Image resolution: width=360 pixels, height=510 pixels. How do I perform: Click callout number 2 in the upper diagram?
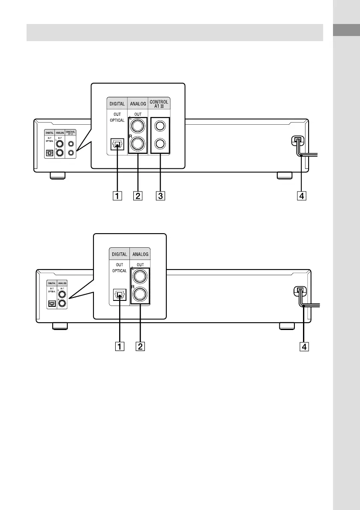tap(138, 196)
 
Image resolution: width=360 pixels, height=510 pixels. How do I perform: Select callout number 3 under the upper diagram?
tap(159, 196)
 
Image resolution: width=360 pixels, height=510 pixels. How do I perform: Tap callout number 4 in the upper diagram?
tap(302, 196)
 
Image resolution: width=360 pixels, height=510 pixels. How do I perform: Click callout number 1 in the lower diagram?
tap(120, 345)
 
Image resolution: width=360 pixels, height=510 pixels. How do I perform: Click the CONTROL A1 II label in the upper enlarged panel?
tap(159, 104)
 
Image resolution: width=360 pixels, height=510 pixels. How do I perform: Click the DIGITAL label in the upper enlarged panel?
tap(117, 104)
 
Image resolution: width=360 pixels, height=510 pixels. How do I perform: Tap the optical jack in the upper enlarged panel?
tap(116, 144)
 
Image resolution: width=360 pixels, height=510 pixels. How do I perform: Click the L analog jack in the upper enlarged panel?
tap(138, 126)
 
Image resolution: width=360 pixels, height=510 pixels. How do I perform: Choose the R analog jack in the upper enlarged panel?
tap(138, 144)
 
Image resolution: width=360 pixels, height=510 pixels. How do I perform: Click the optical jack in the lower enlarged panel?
tap(120, 295)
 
